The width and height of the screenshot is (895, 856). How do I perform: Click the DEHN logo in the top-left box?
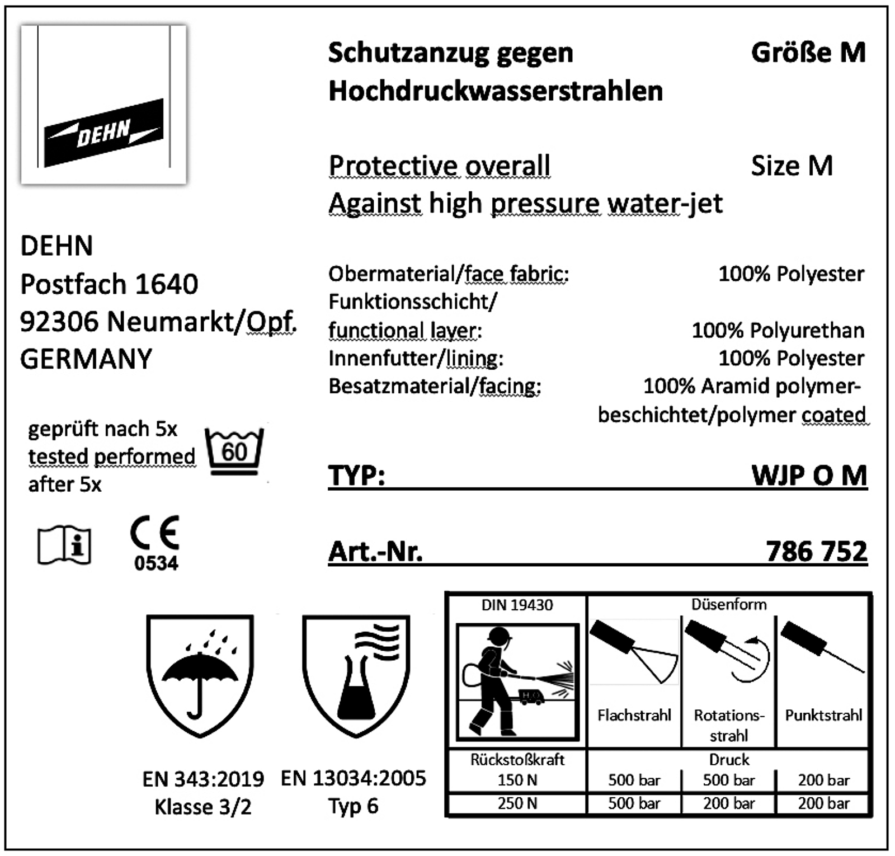click(x=103, y=133)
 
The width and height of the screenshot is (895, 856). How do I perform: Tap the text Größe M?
click(x=808, y=53)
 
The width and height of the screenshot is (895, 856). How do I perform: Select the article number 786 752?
click(x=816, y=551)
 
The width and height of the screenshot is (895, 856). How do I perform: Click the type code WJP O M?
click(x=809, y=476)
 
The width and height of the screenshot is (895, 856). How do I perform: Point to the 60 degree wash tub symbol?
click(x=234, y=452)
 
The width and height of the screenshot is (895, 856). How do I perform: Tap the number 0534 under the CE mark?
click(x=156, y=563)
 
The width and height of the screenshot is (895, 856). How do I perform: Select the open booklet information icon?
click(x=64, y=545)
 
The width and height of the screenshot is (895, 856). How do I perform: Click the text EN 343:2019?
click(x=203, y=778)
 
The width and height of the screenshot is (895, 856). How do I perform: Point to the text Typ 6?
click(x=353, y=806)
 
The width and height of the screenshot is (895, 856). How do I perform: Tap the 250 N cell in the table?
click(x=517, y=803)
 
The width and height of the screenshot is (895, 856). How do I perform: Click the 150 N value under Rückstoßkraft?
click(x=517, y=780)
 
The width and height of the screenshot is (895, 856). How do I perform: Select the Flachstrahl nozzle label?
click(x=634, y=715)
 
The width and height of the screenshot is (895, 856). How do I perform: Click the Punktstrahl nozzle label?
click(x=823, y=715)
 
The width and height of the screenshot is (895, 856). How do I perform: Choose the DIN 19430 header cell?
click(x=517, y=605)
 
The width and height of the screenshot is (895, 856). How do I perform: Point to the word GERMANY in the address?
click(x=86, y=359)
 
